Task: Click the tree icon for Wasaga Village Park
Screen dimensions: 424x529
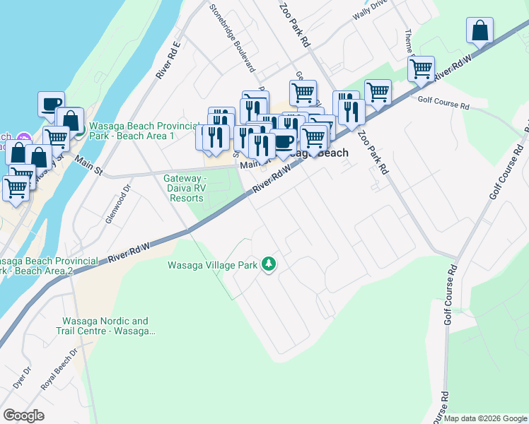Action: click(268, 264)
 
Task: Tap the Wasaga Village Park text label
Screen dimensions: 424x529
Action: click(211, 266)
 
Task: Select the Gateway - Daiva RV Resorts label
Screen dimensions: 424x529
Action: click(186, 188)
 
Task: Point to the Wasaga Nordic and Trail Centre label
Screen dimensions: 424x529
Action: click(105, 326)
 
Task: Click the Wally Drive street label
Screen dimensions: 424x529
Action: click(372, 12)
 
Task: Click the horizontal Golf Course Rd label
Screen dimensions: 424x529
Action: click(443, 104)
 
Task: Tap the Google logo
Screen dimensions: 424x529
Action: click(23, 416)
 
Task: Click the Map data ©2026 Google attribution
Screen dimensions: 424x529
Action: click(485, 418)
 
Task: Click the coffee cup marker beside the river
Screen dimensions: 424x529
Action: click(51, 104)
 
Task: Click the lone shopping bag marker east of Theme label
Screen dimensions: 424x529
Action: click(479, 30)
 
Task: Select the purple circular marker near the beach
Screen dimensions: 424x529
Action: click(23, 137)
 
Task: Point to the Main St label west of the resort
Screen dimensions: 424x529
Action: click(88, 167)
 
